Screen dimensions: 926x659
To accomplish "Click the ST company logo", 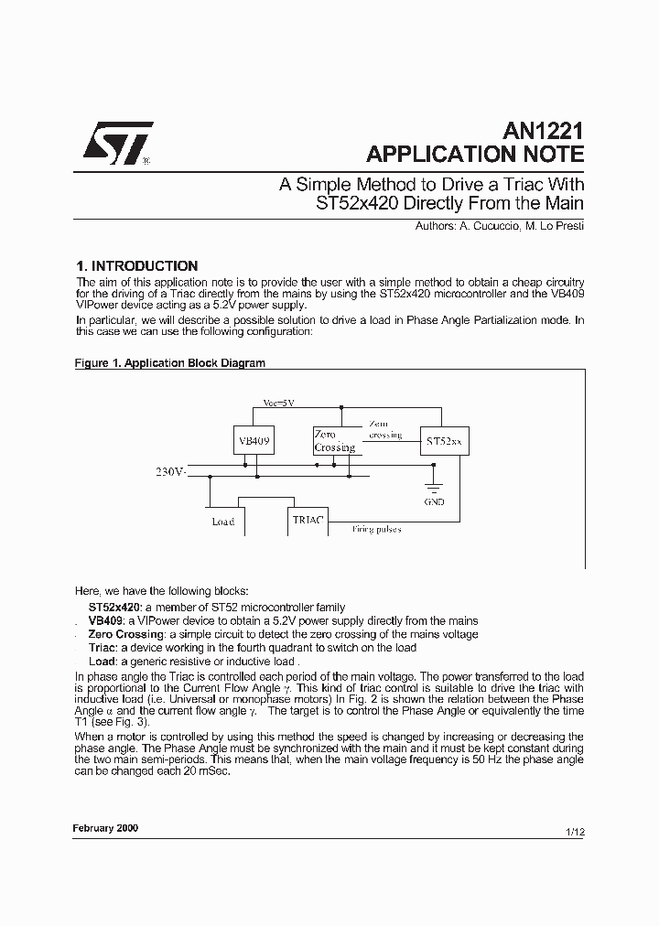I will tap(118, 143).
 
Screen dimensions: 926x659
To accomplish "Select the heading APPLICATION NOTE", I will tap(474, 154).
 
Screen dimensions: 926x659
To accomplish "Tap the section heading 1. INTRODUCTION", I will tap(136, 266).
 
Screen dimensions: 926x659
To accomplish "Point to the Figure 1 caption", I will tap(169, 363).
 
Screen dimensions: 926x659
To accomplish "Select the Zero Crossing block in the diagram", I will tap(334, 441).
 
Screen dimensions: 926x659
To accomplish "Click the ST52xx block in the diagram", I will tap(444, 441).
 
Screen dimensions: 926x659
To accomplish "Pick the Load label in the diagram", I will tap(222, 522).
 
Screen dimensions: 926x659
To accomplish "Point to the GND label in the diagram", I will tap(435, 502).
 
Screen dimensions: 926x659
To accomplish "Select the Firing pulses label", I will tap(376, 529).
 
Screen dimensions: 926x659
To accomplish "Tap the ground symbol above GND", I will tap(435, 486).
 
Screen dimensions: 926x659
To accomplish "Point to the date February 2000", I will tap(105, 826).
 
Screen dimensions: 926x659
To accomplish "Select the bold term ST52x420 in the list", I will tap(113, 607).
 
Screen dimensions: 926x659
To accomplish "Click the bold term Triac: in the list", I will tap(103, 648).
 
